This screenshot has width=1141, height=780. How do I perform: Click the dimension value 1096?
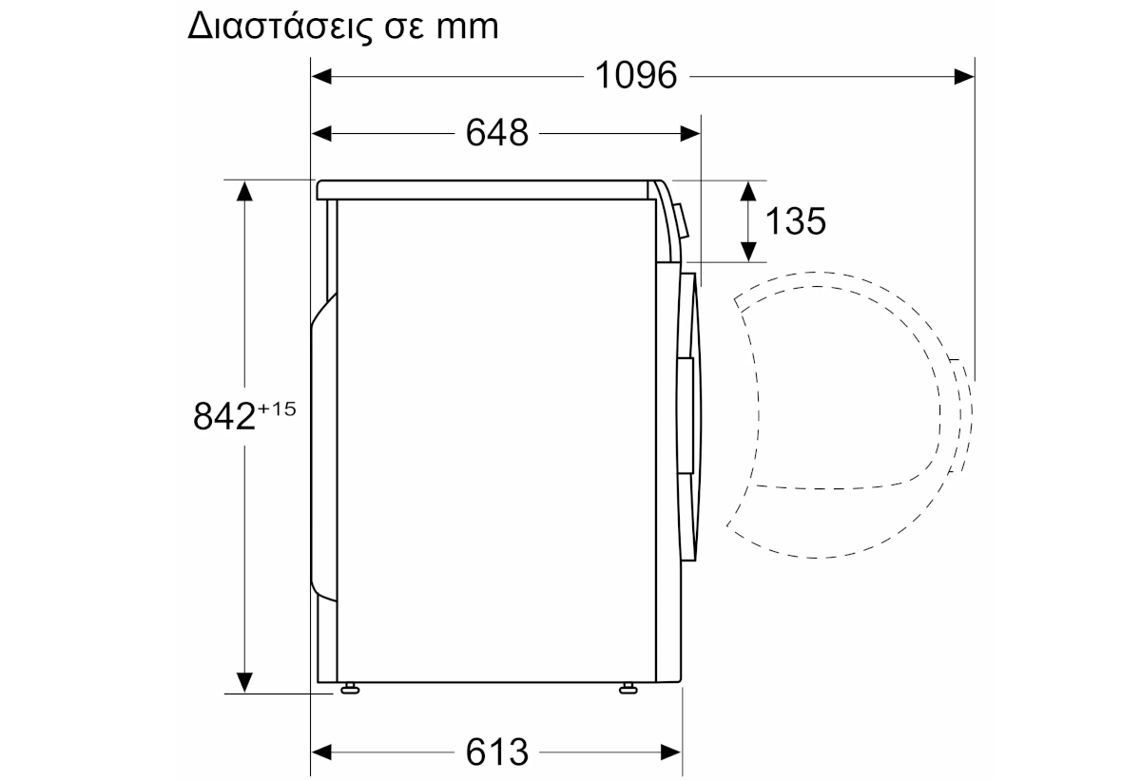[x=636, y=75]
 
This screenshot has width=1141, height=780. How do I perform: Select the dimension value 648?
[x=497, y=133]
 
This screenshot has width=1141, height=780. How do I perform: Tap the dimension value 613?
[x=497, y=751]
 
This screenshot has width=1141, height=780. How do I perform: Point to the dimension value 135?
[x=796, y=221]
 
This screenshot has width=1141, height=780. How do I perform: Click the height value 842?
[x=224, y=416]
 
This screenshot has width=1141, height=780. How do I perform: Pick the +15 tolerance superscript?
[x=277, y=409]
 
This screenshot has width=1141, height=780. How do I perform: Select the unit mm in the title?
[x=467, y=28]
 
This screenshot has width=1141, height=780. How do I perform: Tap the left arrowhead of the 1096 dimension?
[x=321, y=77]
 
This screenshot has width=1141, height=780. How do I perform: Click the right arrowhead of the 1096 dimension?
[x=964, y=77]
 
